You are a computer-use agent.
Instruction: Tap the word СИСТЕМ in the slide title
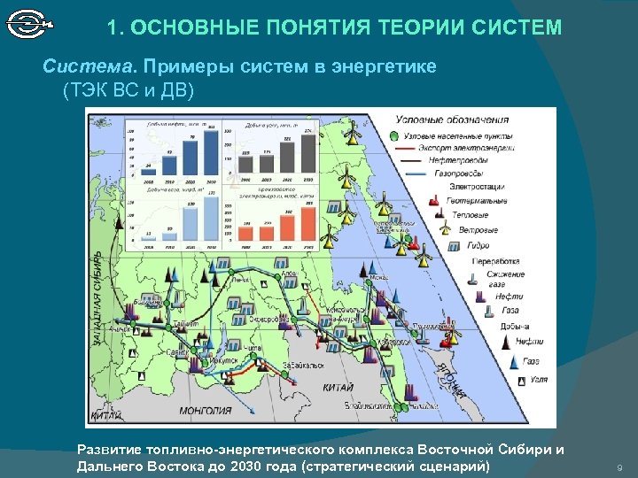tap(519, 28)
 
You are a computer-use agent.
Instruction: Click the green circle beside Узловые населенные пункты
tap(393, 135)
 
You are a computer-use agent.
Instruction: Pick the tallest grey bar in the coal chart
tap(307, 152)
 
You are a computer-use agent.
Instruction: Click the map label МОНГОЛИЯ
tap(205, 411)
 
